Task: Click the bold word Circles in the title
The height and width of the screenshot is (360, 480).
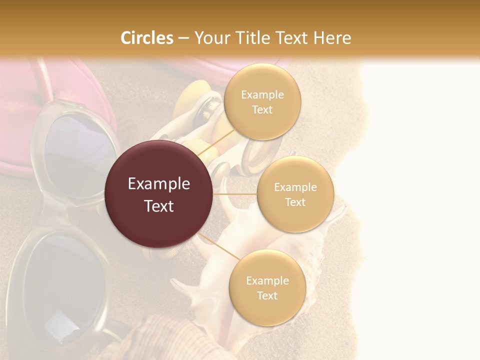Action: coord(146,38)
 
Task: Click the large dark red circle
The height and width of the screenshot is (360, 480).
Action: coord(158,194)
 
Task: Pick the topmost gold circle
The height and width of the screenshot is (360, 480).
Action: coord(262,101)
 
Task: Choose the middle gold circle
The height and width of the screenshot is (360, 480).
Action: coord(295,194)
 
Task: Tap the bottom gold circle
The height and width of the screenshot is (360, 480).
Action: coord(267,287)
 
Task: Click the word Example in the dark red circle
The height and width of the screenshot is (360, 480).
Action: coord(158,184)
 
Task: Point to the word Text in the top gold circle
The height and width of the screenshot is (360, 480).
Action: coord(262,110)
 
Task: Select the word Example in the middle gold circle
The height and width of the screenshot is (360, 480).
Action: coord(295,187)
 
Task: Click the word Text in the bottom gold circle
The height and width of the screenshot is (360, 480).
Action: coord(267,295)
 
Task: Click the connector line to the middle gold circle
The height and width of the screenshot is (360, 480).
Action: coord(235,194)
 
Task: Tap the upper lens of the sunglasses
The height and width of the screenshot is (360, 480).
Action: coord(75,155)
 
